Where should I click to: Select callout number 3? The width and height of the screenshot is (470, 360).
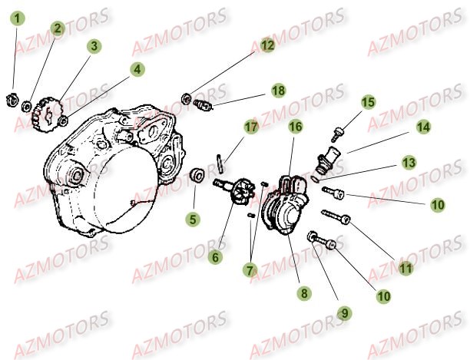click(x=93, y=46)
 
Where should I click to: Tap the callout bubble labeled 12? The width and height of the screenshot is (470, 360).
click(x=266, y=45)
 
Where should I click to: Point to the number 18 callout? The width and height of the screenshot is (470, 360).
click(x=277, y=91)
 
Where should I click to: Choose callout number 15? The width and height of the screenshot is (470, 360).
click(x=369, y=102)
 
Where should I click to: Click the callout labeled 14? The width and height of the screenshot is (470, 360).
click(x=423, y=126)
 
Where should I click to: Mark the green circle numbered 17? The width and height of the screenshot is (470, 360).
click(x=250, y=127)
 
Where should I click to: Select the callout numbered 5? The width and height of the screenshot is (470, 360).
click(x=193, y=220)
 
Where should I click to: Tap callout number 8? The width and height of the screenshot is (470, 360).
click(x=304, y=292)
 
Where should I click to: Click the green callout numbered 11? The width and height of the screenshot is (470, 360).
click(x=405, y=268)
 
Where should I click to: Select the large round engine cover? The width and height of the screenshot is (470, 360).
click(x=115, y=173)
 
